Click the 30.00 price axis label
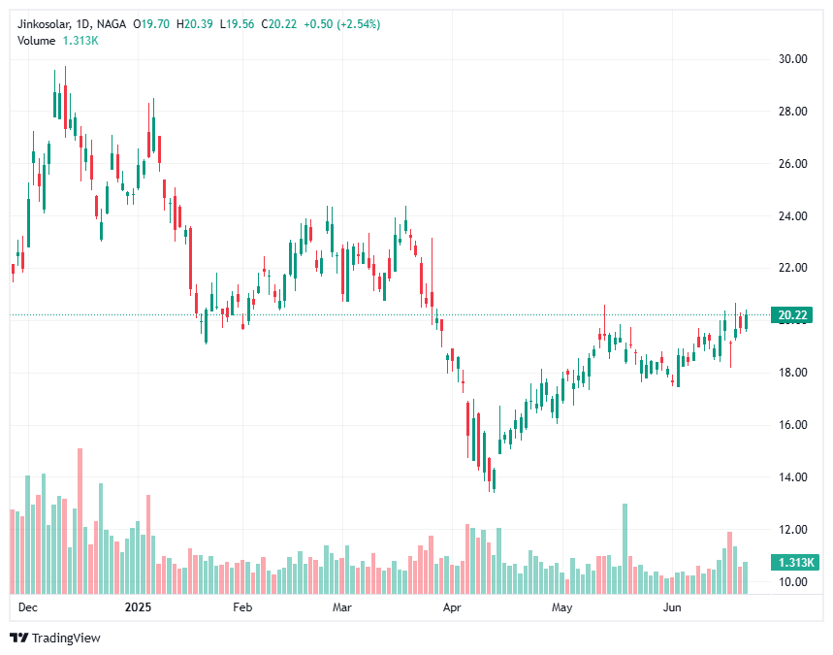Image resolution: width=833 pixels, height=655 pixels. (794, 59)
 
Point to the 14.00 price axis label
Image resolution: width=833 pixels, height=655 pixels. (794, 477)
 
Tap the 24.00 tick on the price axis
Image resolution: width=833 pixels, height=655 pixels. (794, 216)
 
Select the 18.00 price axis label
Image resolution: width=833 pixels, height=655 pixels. (794, 373)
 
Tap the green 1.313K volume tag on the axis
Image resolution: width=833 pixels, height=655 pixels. (794, 563)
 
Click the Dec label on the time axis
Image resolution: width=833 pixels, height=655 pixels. (27, 608)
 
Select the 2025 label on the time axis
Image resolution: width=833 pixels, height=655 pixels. (139, 608)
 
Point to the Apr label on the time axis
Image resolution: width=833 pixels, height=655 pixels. (452, 608)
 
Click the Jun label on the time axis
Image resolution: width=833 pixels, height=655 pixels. (671, 608)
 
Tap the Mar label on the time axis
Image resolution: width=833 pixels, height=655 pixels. (341, 608)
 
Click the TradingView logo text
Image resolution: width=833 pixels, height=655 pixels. (65, 638)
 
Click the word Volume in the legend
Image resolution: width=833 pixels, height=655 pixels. (37, 40)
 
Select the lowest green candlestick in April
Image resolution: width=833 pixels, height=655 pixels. (494, 479)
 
